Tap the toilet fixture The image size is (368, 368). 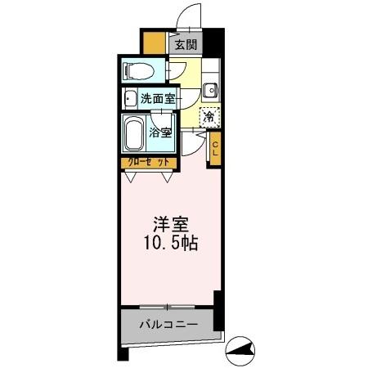click(x=141, y=69)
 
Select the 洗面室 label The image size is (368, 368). click(x=156, y=99)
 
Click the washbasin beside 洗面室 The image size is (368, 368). click(x=130, y=99)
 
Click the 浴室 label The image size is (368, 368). click(x=159, y=132)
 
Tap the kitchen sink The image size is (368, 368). click(x=209, y=90)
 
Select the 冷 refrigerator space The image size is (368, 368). click(x=209, y=118)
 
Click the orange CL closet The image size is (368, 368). click(x=215, y=149)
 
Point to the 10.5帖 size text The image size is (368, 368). click(x=170, y=243)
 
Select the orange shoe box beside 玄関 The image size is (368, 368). click(x=154, y=42)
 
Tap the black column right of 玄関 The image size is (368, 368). click(x=212, y=43)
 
